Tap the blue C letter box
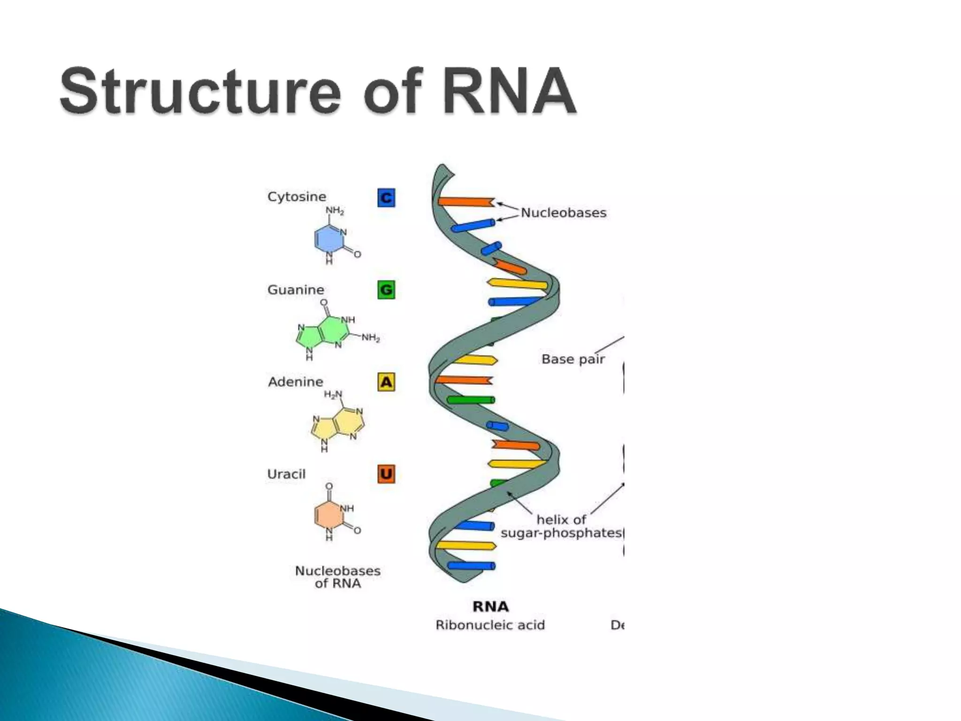[x=386, y=198]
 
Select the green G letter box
[x=386, y=290]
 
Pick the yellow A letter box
[x=386, y=382]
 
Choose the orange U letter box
[x=386, y=474]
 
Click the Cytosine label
[x=297, y=197]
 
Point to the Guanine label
[x=296, y=290]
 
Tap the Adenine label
[x=296, y=382]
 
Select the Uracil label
[x=286, y=474]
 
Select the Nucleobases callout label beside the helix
[x=564, y=213]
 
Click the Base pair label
[x=573, y=359]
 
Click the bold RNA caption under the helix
[x=490, y=606]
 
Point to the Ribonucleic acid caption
[x=490, y=625]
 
